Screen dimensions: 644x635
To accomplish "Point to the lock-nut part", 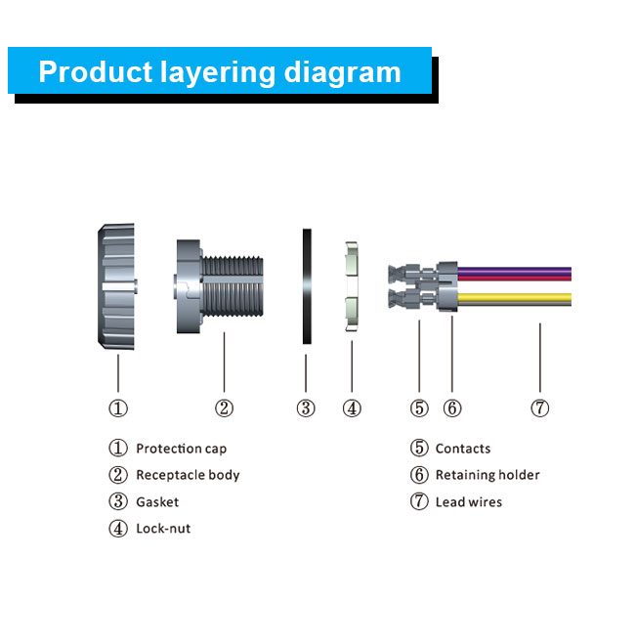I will coord(352,285).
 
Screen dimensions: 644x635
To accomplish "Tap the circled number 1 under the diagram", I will coord(118,408).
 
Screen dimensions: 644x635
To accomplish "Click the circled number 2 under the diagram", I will coord(225,408).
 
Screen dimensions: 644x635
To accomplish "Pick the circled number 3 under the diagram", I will coord(306,408).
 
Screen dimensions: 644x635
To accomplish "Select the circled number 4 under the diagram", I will coord(352,408).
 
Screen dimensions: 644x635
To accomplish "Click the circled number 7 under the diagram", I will coord(539,408).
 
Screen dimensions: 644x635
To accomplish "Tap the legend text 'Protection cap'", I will coord(182,449).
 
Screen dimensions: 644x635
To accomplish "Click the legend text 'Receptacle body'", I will coord(188,475).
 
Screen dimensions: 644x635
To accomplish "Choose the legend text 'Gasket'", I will coord(157,502).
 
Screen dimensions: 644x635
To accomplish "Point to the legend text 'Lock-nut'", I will coord(163,529).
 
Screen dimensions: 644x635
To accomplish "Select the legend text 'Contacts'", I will coord(463,449).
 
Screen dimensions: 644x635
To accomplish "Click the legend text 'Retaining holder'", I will coord(487,475).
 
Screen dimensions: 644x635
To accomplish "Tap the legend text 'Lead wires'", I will coord(469,502).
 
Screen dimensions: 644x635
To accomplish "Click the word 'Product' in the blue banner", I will coord(96,72).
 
